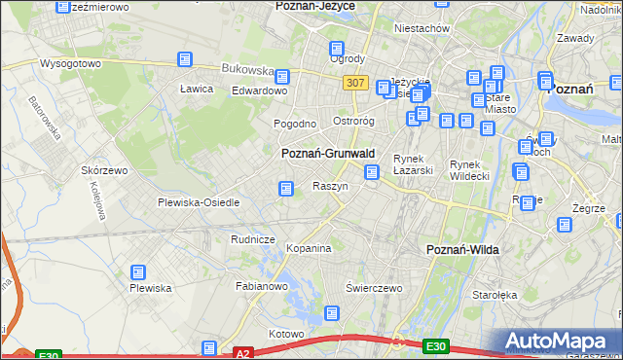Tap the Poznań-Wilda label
[x=463, y=250]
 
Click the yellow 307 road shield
[x=355, y=84]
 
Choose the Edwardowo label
[x=258, y=90]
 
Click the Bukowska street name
[x=246, y=70]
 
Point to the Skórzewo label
[x=105, y=170]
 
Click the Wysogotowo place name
[x=70, y=63]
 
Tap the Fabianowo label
[x=262, y=287]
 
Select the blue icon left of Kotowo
[x=209, y=347]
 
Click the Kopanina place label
[x=309, y=249]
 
